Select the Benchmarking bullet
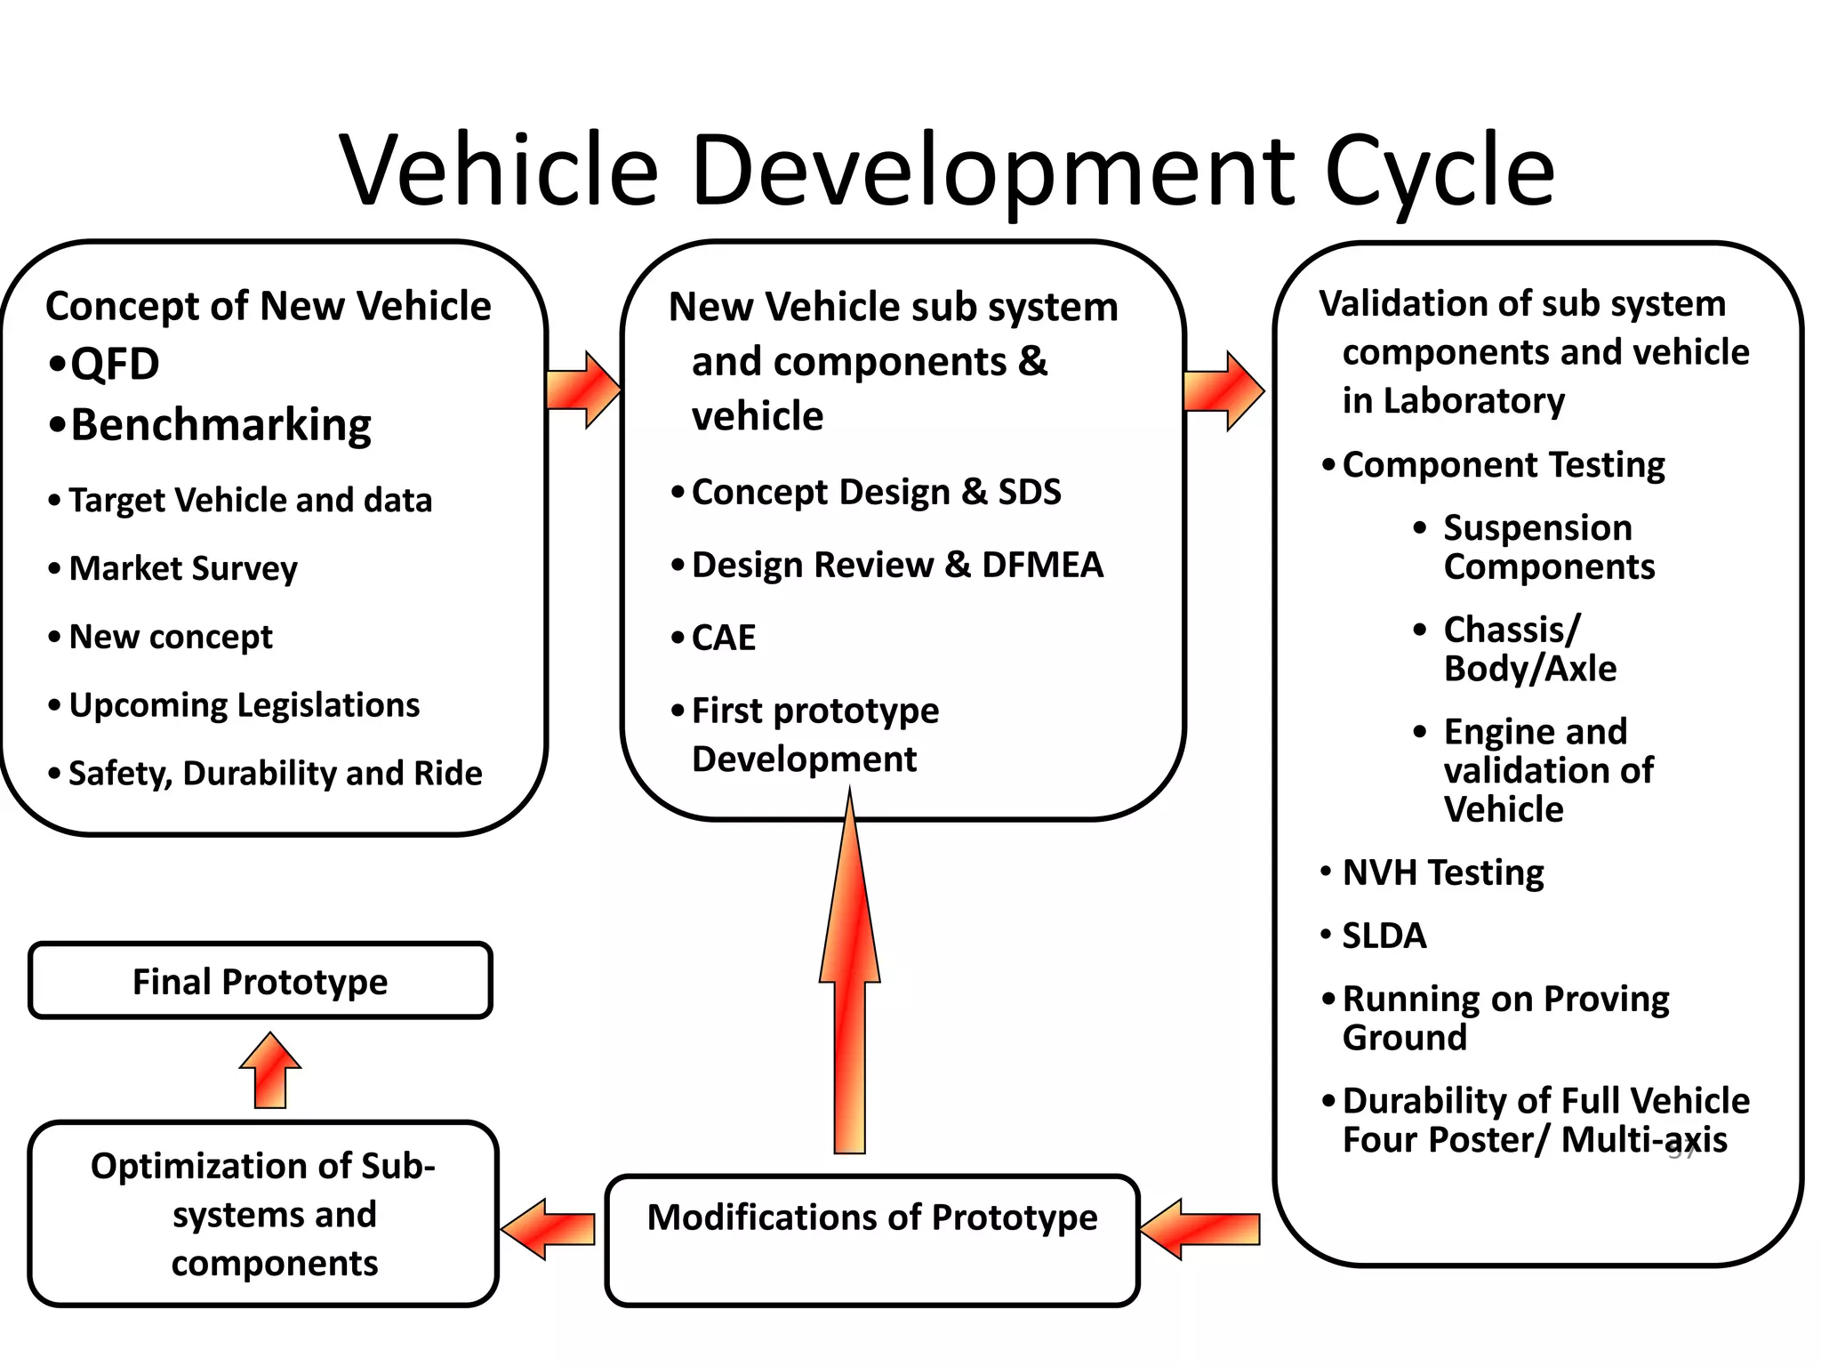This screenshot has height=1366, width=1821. pos(220,425)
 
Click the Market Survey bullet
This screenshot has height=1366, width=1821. pos(182,568)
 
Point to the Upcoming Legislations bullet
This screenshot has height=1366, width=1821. pos(244,705)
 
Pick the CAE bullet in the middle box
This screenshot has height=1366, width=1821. pos(723,638)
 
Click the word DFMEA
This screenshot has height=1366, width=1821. pos(1042,565)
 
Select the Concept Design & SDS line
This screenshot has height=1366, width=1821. pos(876,492)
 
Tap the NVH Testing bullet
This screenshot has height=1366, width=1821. pos(1442,872)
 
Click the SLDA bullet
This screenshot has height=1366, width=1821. pos(1384,936)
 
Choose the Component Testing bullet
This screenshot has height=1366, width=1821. pos(1503,465)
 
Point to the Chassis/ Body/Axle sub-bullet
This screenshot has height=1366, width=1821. pos(1528,649)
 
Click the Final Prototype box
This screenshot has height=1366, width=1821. pos(260,981)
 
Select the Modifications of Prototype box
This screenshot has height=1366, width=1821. pos(871,1240)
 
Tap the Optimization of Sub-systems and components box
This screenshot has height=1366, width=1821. pos(263,1214)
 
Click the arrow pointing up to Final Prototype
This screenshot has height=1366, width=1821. pos(270,1071)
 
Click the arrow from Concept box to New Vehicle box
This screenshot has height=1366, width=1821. pos(583,390)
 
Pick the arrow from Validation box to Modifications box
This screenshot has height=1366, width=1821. pos(1200,1229)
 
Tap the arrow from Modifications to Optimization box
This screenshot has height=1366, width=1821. pos(549,1229)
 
